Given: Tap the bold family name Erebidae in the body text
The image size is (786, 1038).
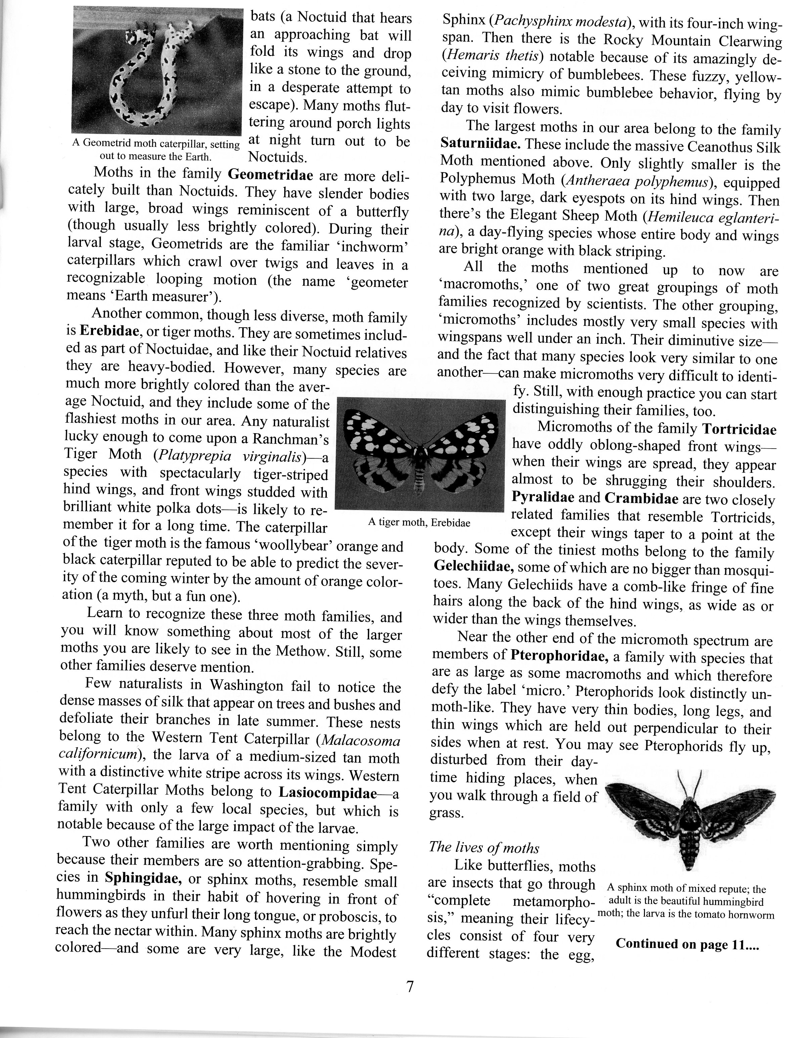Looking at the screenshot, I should (109, 331).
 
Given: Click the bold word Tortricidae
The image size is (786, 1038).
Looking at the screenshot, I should (739, 429).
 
